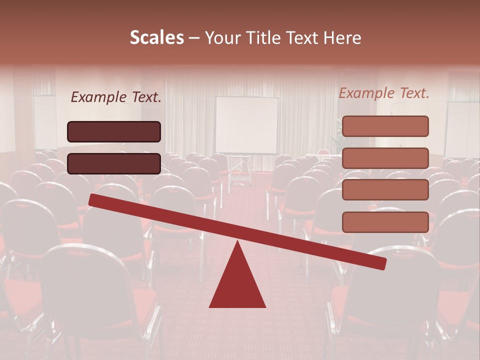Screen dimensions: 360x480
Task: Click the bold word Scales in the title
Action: click(x=156, y=37)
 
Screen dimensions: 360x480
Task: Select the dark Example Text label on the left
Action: click(x=116, y=97)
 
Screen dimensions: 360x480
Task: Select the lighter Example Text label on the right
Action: click(x=384, y=93)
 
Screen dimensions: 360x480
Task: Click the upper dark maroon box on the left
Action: click(x=114, y=131)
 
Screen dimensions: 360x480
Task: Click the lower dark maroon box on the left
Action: click(x=114, y=163)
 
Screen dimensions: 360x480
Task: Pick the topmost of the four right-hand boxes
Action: click(x=385, y=126)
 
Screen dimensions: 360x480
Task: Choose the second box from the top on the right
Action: click(x=385, y=158)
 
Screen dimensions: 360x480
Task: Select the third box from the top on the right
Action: click(x=385, y=190)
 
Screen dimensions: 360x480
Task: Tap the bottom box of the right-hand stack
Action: click(x=385, y=222)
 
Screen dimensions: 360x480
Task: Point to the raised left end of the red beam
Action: click(x=95, y=199)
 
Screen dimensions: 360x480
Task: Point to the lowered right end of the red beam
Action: click(x=380, y=263)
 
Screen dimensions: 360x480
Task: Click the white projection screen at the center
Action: click(x=246, y=125)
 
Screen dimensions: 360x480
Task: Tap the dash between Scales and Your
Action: click(x=194, y=38)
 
